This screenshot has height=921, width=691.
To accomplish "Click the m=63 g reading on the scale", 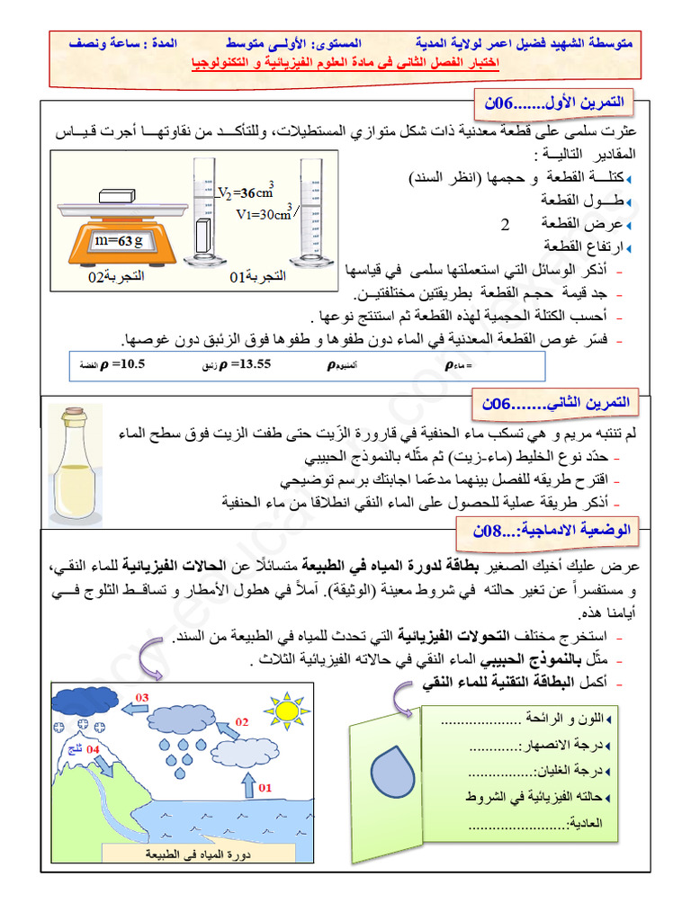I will (x=121, y=241).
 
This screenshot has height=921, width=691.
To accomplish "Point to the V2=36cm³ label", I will (x=247, y=192).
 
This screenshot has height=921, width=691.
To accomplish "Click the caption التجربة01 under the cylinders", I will (x=257, y=277).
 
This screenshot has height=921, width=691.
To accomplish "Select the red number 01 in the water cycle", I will (x=265, y=788).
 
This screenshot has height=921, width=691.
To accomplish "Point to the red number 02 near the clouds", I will (x=241, y=721).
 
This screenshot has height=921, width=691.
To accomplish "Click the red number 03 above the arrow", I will (x=142, y=697).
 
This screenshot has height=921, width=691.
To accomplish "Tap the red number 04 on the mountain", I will (x=93, y=748).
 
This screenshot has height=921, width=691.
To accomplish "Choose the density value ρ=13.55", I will (x=236, y=364).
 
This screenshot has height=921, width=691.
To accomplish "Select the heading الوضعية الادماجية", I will (x=553, y=532).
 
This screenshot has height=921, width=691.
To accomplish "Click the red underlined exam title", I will (x=346, y=64).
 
